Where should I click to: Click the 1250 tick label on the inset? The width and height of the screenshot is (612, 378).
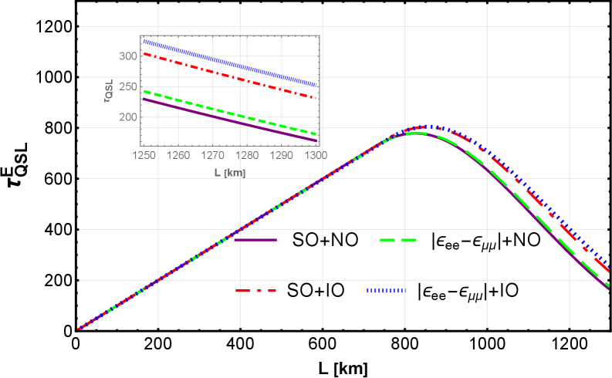[144, 156]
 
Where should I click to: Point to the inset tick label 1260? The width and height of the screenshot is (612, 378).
[178, 156]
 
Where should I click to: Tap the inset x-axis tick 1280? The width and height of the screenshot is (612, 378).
[247, 156]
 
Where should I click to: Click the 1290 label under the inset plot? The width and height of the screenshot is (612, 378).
[282, 156]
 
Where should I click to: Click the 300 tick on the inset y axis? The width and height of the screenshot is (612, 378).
[128, 56]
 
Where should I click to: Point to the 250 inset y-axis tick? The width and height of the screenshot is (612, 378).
[128, 86]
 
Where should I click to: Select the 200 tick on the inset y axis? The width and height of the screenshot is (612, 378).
[128, 117]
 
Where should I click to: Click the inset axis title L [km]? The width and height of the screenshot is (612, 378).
[230, 173]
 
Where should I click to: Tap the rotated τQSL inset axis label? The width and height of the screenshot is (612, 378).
[109, 91]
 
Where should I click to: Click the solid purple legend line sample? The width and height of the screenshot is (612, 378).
[255, 240]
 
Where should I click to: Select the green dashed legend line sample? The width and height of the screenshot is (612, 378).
[398, 240]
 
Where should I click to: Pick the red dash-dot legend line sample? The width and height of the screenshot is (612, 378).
[255, 291]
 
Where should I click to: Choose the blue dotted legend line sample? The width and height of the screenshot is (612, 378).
[385, 291]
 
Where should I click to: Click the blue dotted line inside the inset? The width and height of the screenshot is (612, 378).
[232, 63]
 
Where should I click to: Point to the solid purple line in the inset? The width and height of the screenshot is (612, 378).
[232, 120]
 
